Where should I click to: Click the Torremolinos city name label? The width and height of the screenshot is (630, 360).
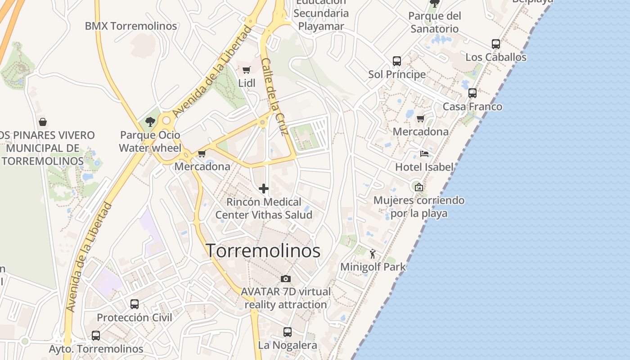click(263, 251)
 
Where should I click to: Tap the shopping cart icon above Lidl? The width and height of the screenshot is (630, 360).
click(246, 70)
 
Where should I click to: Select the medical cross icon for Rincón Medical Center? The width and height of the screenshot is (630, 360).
click(264, 188)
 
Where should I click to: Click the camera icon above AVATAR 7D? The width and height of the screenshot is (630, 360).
click(285, 279)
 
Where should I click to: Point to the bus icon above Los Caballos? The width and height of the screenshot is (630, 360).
click(495, 44)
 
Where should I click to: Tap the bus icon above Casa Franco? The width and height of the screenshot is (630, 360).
click(472, 93)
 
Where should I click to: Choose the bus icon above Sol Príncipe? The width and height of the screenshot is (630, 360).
click(396, 61)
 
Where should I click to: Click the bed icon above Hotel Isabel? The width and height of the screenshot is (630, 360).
click(424, 154)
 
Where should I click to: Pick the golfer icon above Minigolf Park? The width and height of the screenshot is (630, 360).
click(373, 254)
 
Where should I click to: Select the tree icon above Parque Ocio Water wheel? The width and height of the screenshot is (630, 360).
click(150, 121)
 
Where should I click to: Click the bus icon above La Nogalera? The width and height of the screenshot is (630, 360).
click(287, 332)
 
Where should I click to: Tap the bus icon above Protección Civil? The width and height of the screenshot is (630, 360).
click(134, 304)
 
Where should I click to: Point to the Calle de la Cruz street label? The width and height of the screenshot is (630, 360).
click(274, 97)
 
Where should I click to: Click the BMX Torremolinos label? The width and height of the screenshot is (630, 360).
click(131, 26)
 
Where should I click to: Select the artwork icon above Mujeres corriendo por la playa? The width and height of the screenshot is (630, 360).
click(418, 187)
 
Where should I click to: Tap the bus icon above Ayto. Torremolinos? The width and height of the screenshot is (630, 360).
click(95, 336)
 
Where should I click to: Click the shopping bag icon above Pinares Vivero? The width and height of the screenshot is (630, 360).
click(43, 121)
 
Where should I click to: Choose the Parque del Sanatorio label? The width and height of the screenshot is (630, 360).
click(434, 22)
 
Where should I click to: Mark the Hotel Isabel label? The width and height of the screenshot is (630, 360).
click(424, 167)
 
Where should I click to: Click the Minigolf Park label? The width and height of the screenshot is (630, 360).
click(373, 267)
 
